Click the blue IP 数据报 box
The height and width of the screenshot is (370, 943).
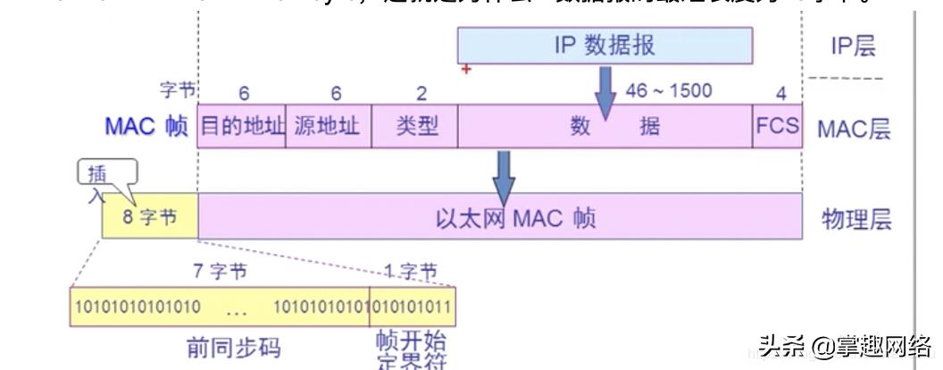pyautogui.click(x=604, y=46)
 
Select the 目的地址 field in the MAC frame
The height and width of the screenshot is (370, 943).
pyautogui.click(x=241, y=126)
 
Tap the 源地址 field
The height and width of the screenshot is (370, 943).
pyautogui.click(x=327, y=126)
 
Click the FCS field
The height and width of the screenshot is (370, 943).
pyautogui.click(x=777, y=126)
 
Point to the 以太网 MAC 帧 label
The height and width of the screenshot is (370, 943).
pyautogui.click(x=515, y=218)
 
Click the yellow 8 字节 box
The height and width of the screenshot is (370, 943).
pyautogui.click(x=149, y=218)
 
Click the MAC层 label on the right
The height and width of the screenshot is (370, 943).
pyautogui.click(x=854, y=128)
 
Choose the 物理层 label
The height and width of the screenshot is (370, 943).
pyautogui.click(x=856, y=219)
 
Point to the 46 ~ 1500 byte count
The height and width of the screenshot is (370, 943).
pyautogui.click(x=669, y=91)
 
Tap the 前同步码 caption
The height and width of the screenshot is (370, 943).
pyautogui.click(x=224, y=346)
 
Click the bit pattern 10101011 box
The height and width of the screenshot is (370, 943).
pyautogui.click(x=412, y=308)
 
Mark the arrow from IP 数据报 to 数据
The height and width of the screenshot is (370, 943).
pyautogui.click(x=605, y=93)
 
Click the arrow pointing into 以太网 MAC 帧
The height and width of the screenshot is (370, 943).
pyautogui.click(x=505, y=175)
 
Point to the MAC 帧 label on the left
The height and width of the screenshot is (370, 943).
pyautogui.click(x=146, y=126)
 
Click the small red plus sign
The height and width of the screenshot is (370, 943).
pyautogui.click(x=465, y=70)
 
